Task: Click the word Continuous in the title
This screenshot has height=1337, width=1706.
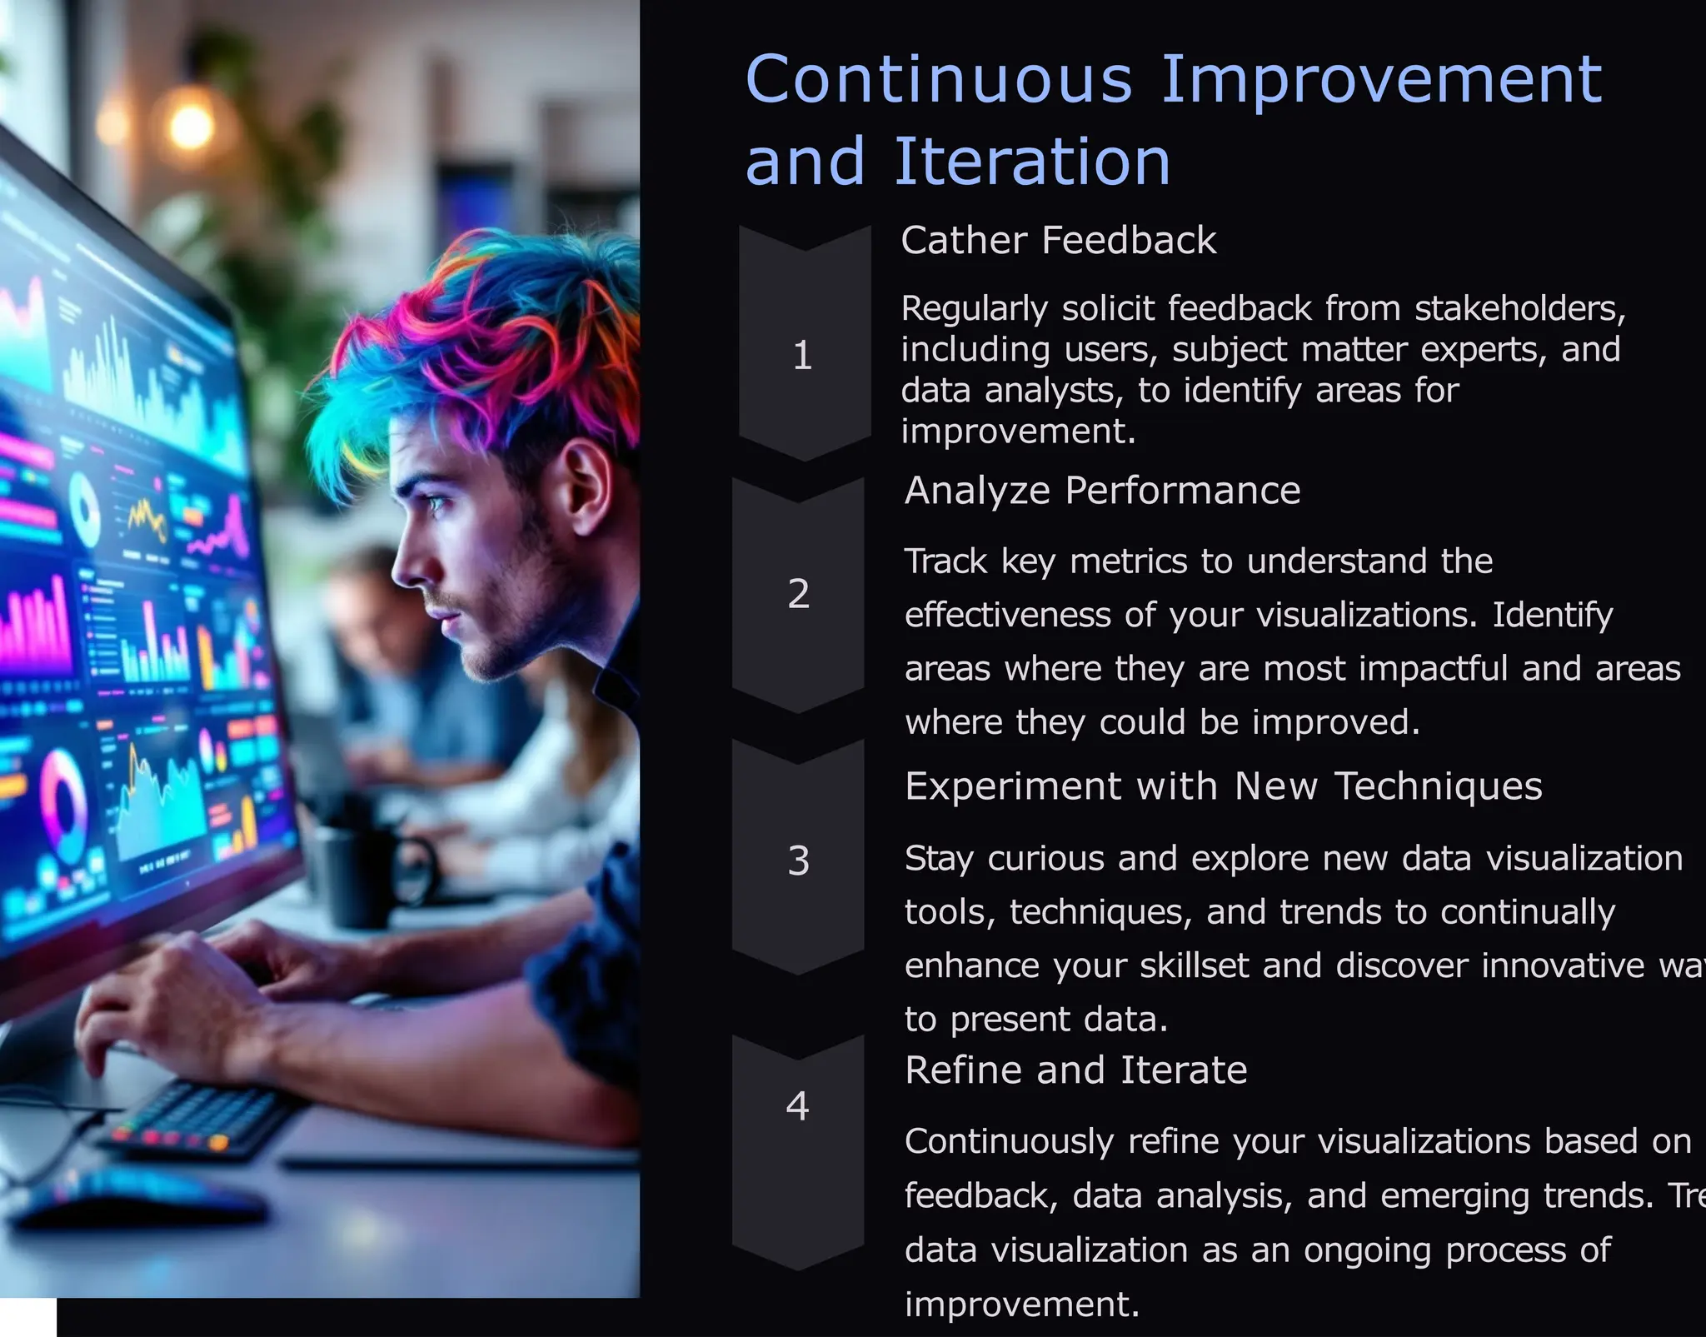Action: click(939, 80)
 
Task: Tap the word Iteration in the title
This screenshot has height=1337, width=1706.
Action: click(1032, 162)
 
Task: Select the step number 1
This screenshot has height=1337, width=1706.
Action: click(802, 356)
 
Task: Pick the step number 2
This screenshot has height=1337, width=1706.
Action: click(798, 594)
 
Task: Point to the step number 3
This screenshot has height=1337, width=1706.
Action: click(798, 861)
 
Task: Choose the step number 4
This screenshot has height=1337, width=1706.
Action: click(797, 1106)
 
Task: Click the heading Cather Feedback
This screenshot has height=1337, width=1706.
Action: click(1058, 241)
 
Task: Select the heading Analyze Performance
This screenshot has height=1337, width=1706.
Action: click(1102, 491)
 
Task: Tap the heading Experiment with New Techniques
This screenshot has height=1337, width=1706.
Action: click(1223, 786)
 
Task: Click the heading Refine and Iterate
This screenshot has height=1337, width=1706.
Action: click(1075, 1070)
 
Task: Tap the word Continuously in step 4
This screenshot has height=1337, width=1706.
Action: click(1009, 1142)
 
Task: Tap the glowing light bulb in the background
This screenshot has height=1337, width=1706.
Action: click(192, 125)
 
